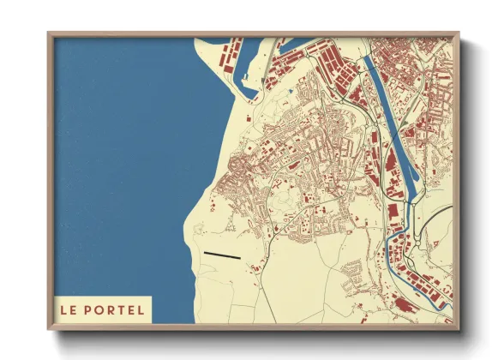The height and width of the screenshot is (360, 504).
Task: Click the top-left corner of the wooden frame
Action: pyautogui.click(x=50, y=34)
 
